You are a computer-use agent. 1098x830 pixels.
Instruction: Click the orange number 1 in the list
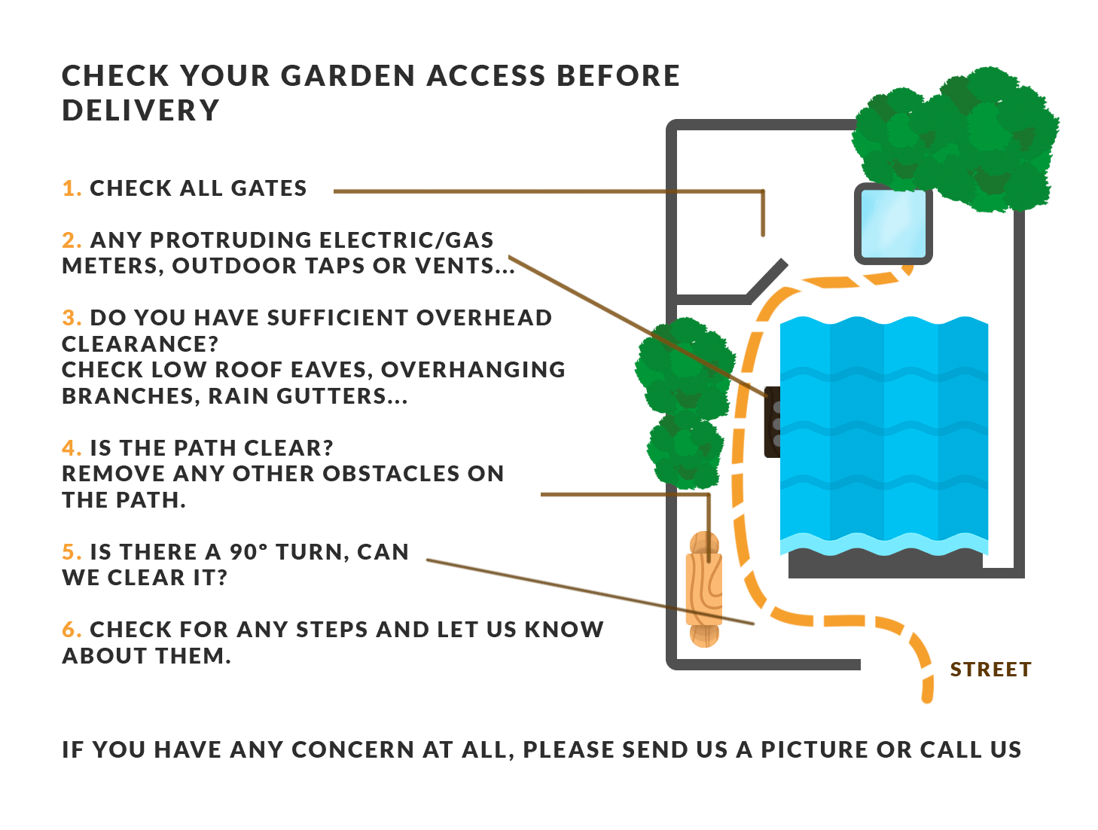[71, 188]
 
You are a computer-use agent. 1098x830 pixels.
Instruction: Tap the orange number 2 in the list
[71, 240]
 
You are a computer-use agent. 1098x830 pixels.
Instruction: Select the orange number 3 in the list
[71, 318]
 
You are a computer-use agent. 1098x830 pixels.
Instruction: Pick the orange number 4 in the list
[71, 448]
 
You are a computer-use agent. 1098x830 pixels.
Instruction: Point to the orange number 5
[71, 552]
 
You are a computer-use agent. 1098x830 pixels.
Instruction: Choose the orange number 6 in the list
[71, 630]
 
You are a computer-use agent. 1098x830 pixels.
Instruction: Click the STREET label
[990, 670]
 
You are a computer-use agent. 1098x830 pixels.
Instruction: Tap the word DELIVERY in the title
[141, 111]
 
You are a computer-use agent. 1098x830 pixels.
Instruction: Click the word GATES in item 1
[269, 188]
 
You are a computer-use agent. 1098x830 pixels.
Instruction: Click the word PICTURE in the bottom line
[814, 750]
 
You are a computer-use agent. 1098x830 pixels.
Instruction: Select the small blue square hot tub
[892, 224]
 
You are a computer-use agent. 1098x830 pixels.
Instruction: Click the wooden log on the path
[703, 589]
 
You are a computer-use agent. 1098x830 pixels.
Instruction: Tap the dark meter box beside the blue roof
[772, 422]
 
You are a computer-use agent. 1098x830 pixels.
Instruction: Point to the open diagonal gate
[767, 277]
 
